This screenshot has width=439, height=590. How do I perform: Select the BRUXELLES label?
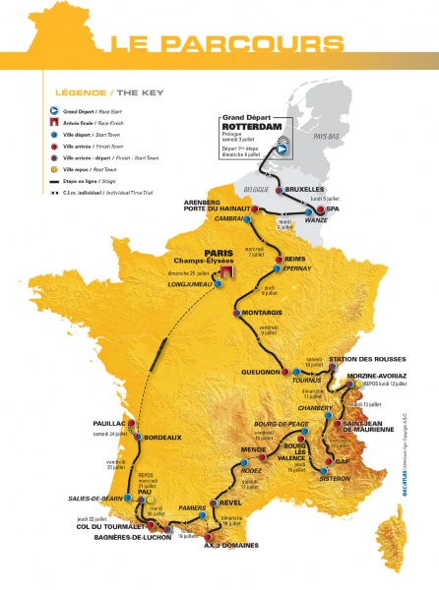[300, 190]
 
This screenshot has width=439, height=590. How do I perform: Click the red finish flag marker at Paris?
[226, 270]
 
